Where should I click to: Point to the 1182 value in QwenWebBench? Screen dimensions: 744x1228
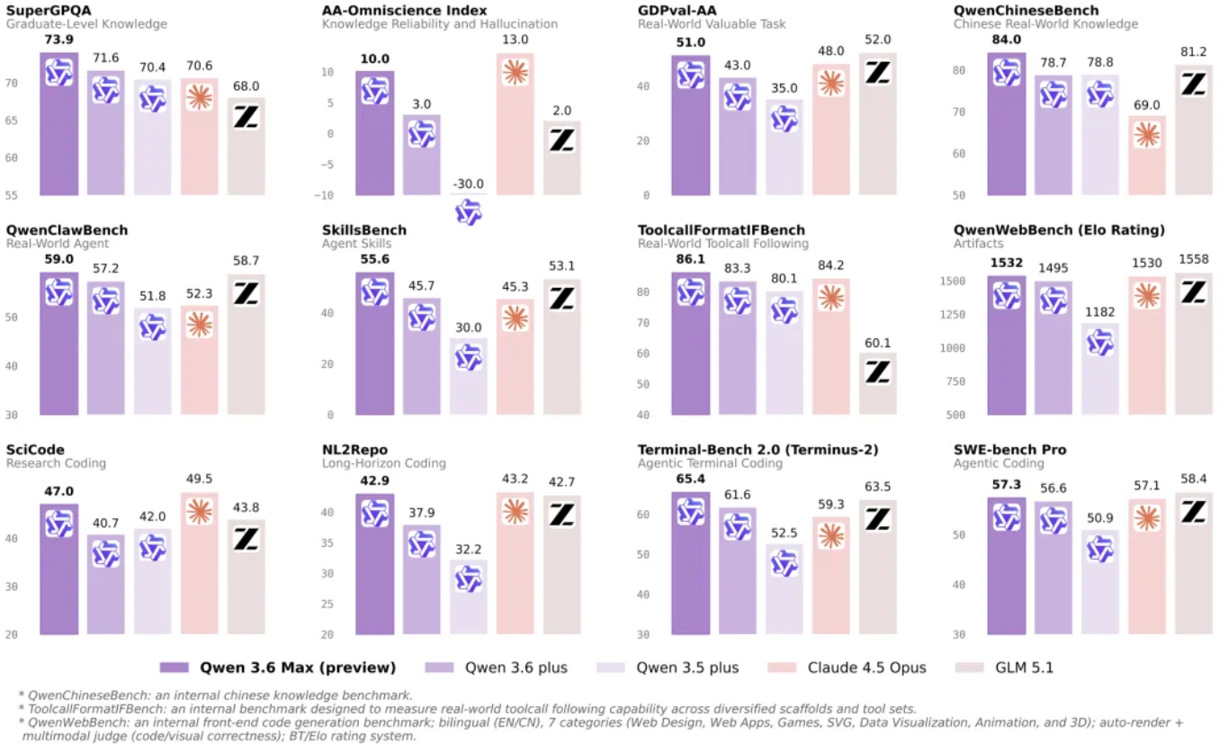[1099, 312]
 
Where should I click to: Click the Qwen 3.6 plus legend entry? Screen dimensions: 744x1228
[505, 668]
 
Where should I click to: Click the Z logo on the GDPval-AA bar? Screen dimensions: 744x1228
[877, 73]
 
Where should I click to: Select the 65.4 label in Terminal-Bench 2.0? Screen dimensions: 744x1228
[690, 481]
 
